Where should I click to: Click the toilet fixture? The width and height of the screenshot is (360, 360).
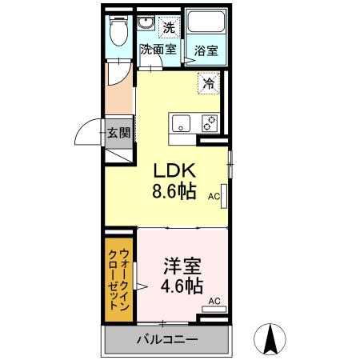119,32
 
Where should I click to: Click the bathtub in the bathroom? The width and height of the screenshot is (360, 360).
206,24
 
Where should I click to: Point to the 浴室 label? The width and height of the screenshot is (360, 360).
206,50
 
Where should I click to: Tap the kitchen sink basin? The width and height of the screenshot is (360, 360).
181,123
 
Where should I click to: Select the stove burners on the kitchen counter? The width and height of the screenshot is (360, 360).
209,123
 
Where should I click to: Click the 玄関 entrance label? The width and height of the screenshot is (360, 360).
120,133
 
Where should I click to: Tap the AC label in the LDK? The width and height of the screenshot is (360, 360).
214,195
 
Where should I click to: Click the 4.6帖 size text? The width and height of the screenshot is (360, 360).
183,285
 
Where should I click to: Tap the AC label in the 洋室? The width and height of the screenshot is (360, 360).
214,301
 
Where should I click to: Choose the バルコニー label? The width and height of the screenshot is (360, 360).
166,340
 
